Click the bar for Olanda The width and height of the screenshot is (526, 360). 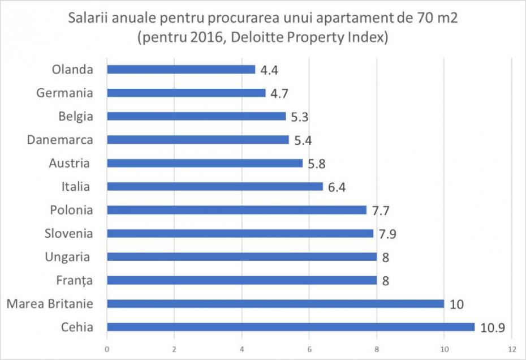pos(181,70)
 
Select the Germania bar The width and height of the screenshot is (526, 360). pos(186,93)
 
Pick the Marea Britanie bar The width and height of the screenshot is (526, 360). pos(275,303)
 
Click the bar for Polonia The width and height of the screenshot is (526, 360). pos(236,210)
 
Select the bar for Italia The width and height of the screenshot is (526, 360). pos(214,186)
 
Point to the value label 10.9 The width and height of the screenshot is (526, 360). pos(493,328)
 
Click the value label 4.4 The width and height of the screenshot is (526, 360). pos(269,71)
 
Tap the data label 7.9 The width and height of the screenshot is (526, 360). pos(387,234)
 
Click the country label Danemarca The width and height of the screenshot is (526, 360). pos(59,139)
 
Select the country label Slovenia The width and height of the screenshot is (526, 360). pos(68,233)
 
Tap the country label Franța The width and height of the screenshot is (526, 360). pos(74,280)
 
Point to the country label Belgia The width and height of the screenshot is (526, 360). pos(75,117)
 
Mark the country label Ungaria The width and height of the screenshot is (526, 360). pos(68,257)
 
